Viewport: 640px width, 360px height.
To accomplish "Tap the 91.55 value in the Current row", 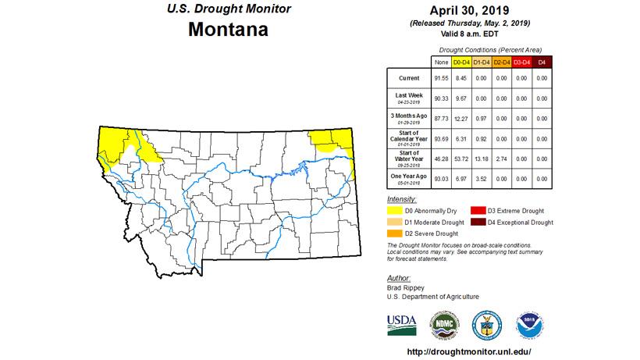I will tap(441, 78).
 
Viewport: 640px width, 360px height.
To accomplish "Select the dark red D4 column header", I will tap(541, 61).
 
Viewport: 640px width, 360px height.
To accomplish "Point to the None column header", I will tap(441, 61).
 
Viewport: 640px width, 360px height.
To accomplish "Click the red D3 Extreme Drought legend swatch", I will tap(475, 211).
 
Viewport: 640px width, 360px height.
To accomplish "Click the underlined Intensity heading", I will tap(402, 199).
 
